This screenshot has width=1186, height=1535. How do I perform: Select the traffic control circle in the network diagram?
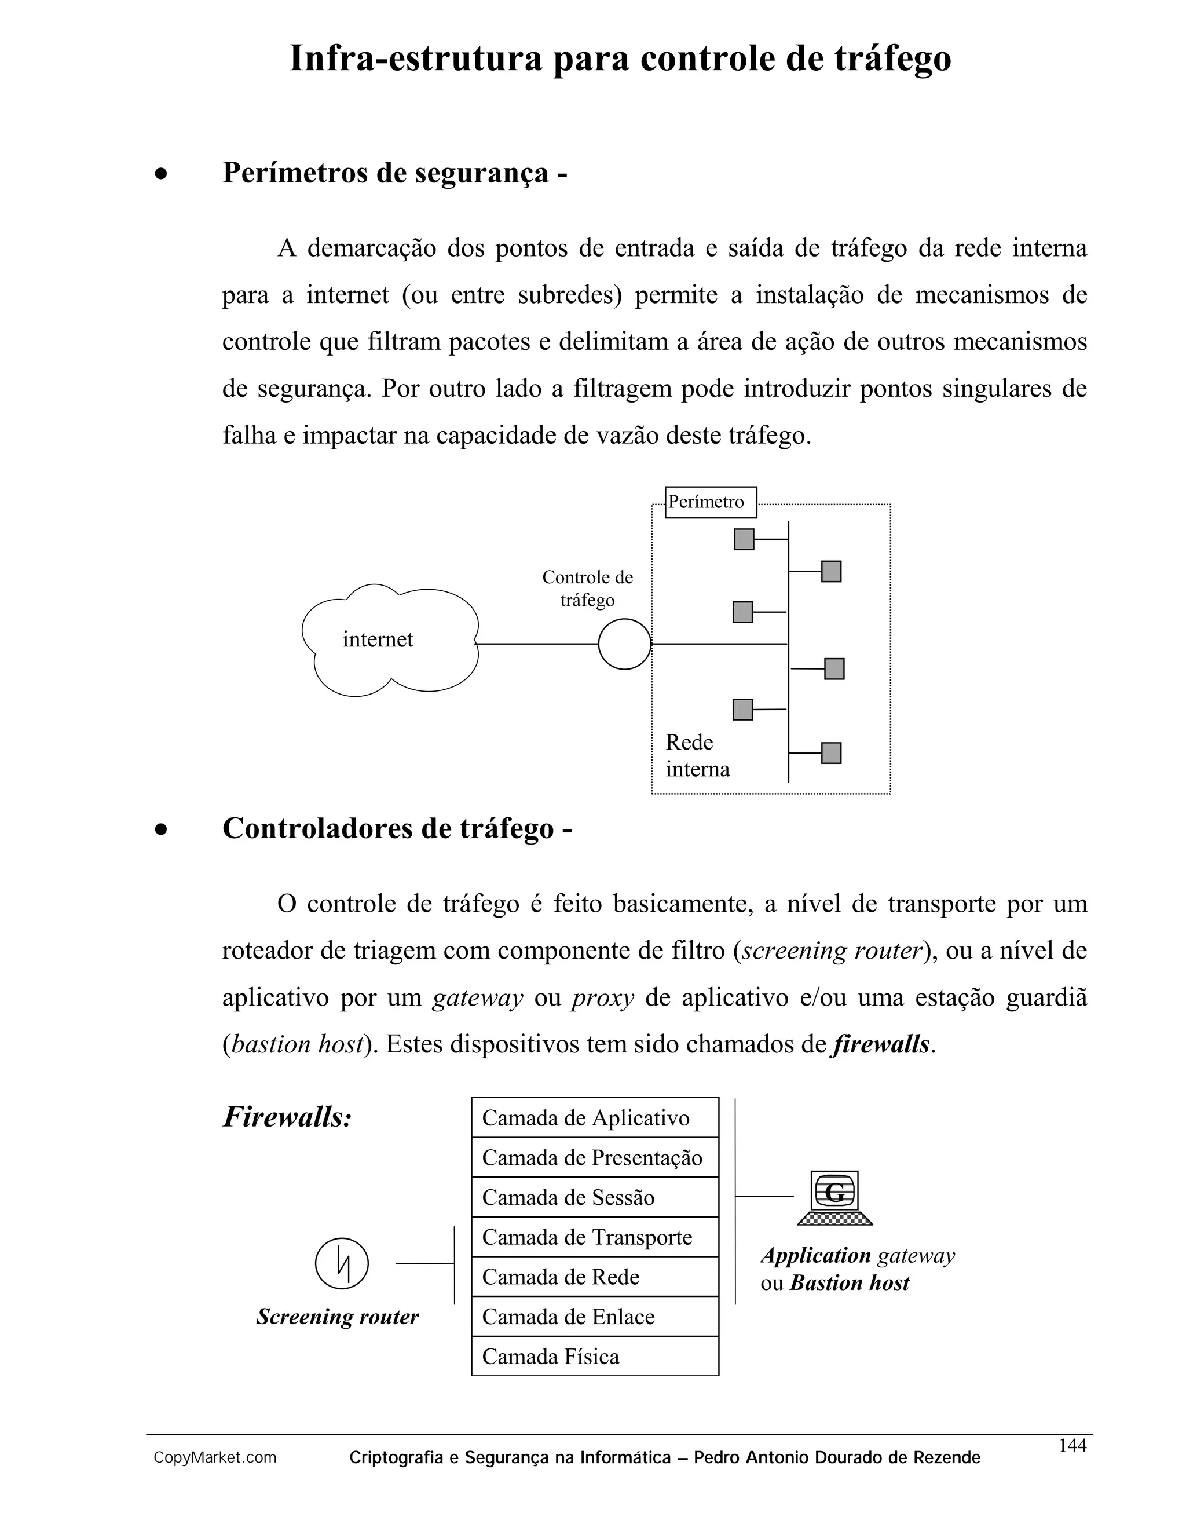[x=624, y=644]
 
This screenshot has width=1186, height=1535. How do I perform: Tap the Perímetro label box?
[x=711, y=502]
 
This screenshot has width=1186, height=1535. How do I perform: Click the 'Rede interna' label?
[x=697, y=755]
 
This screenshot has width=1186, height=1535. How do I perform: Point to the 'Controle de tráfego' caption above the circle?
[x=587, y=589]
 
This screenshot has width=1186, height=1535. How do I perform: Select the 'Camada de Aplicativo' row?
[x=594, y=1117]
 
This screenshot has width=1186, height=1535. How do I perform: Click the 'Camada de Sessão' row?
[x=594, y=1197]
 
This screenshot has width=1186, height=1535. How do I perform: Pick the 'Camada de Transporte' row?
[x=594, y=1237]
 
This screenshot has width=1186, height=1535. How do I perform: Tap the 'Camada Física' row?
[x=594, y=1357]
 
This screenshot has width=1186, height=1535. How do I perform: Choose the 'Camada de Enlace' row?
[x=594, y=1317]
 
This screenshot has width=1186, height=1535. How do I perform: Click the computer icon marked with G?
[x=834, y=1197]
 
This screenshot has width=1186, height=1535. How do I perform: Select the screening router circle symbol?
[x=342, y=1263]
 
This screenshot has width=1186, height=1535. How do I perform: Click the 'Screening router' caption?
[x=337, y=1317]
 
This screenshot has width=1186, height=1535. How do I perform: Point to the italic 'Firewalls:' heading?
[x=287, y=1117]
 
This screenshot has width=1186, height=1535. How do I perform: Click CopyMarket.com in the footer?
[x=215, y=1458]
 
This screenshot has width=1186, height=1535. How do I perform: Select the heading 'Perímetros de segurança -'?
[x=395, y=173]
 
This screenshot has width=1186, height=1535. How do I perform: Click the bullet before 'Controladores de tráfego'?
[x=162, y=830]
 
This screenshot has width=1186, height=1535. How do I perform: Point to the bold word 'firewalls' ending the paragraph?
[x=881, y=1044]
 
